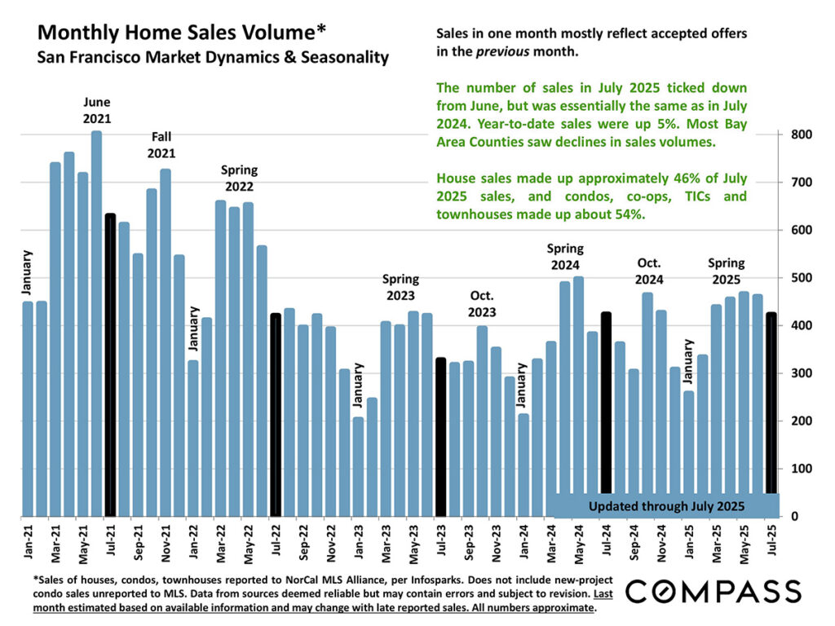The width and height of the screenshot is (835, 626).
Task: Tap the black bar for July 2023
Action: click(x=440, y=437)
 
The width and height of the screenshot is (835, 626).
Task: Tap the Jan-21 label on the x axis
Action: click(x=28, y=541)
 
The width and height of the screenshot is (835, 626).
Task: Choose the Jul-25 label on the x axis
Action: click(x=771, y=541)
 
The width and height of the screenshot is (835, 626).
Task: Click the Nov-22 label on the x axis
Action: click(x=330, y=541)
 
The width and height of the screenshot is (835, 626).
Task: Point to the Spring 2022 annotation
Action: click(x=239, y=179)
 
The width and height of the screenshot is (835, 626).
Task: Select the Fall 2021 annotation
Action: click(x=161, y=144)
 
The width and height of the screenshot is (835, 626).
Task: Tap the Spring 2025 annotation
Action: click(x=726, y=271)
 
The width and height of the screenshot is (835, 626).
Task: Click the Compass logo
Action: click(x=713, y=591)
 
